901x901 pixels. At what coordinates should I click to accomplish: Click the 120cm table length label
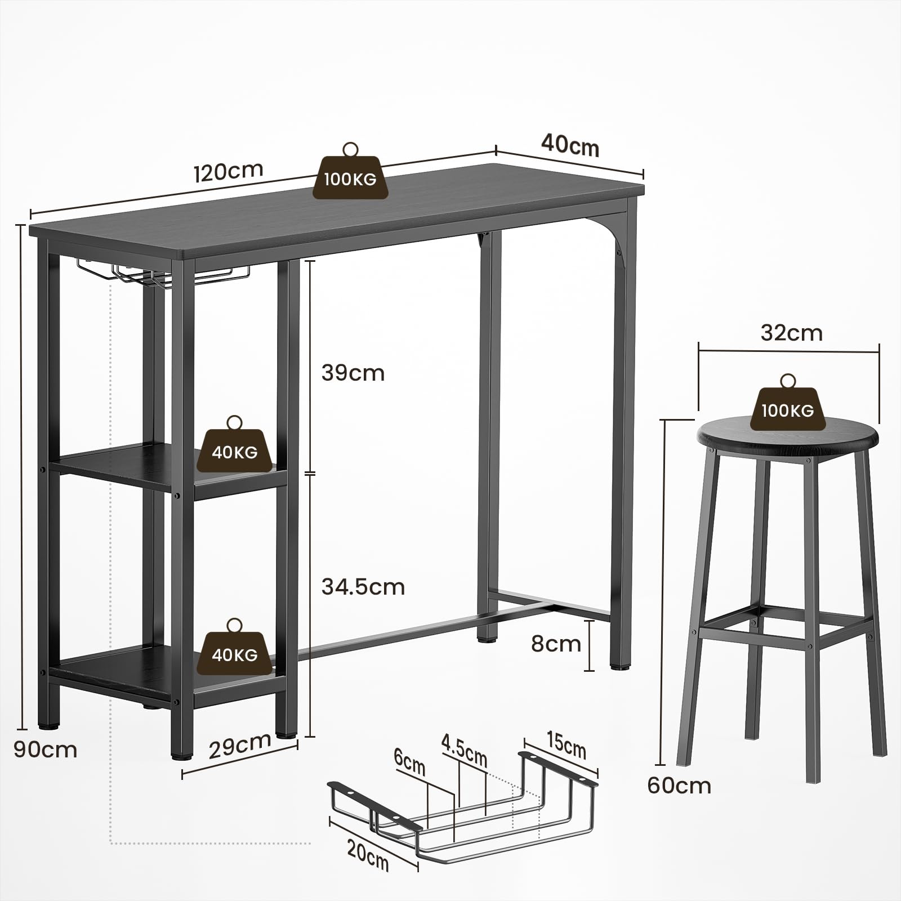click(229, 171)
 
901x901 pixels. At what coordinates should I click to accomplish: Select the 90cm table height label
click(46, 750)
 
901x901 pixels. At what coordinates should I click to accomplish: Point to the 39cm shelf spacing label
click(353, 373)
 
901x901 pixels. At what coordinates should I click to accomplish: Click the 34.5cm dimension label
click(363, 587)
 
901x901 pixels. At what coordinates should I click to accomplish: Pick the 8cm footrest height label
click(556, 643)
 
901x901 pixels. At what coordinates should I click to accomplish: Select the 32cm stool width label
click(792, 333)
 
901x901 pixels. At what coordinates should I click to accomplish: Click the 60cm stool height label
click(679, 785)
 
